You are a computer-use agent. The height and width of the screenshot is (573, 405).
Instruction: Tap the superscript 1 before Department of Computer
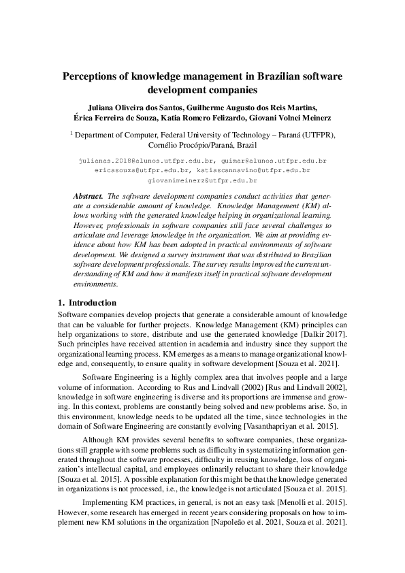pos(71,133)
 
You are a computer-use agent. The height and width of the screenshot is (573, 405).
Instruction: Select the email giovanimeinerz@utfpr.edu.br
pos(202,181)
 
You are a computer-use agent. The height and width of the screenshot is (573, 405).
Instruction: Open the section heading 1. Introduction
pos(86,303)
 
